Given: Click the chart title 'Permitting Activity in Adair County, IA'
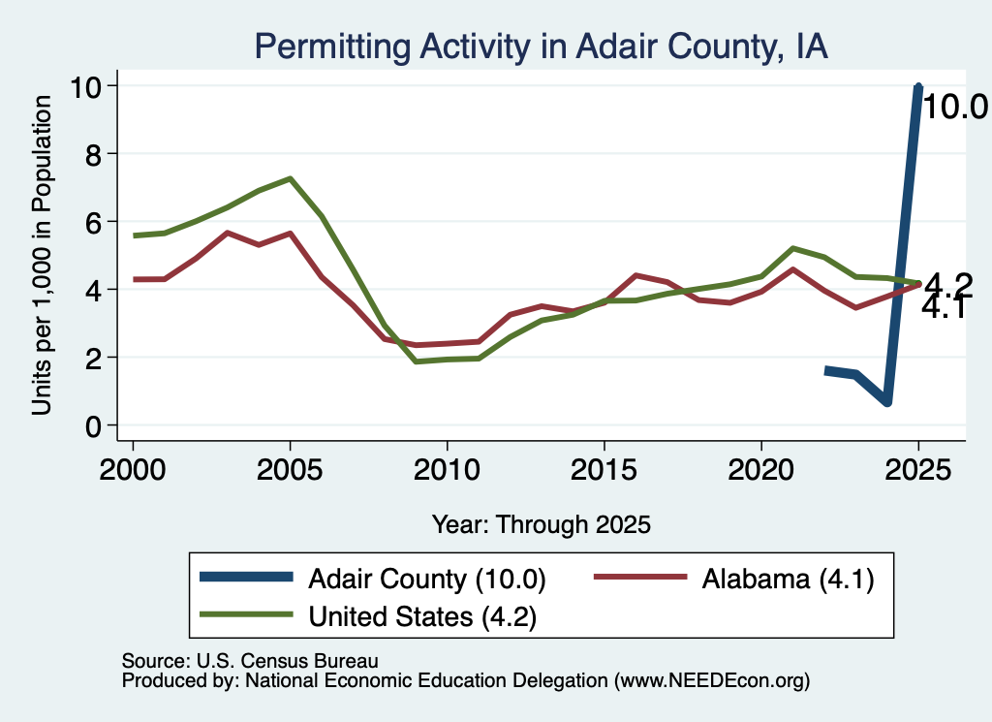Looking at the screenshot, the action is pos(541,47).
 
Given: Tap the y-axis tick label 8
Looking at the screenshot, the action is pos(94,154).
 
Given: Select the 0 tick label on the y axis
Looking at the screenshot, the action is pos(94,426).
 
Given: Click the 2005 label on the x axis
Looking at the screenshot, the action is pos(290,470).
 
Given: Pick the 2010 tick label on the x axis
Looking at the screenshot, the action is pos(447,470).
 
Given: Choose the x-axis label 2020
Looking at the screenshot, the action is pos(761,470).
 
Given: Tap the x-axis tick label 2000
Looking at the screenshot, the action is pos(133,470).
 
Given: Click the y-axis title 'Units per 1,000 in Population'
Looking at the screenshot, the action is pos(42,255).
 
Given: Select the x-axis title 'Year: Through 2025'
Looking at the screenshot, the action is pos(542,524).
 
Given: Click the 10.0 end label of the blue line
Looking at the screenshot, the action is pos(955,107).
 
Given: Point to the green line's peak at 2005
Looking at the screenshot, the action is pos(290,178).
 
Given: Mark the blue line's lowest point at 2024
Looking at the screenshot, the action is pos(887,402).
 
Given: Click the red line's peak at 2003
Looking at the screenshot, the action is pos(227,233).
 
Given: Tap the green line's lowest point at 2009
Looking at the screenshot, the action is pos(416,361).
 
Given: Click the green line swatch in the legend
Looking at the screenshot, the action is pos(247,613).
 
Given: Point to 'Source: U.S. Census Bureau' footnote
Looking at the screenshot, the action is pos(250,661).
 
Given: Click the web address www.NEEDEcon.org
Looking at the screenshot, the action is pos(712,681).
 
